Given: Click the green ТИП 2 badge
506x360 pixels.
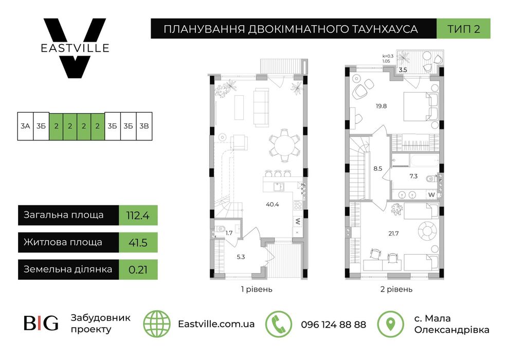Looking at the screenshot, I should point(463,29).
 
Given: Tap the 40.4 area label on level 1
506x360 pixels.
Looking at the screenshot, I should point(273,204).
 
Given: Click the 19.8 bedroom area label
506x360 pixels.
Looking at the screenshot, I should point(381,106).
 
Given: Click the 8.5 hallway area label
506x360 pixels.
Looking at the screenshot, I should point(378,168).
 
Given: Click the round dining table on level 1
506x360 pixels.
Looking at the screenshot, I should point(284,144).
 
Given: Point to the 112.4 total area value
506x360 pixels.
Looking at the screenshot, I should point(138,215).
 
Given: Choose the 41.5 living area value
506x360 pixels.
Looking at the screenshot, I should point(137,242).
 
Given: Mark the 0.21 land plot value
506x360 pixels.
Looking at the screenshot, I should point(137,269).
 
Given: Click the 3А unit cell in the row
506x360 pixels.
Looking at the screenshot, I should point(25,126).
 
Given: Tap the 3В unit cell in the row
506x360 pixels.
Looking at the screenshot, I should point(143,126).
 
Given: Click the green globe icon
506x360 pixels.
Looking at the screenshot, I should point(156,324).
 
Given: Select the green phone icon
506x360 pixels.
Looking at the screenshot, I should point(278,324).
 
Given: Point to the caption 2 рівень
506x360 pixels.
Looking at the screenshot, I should point(396,290).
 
